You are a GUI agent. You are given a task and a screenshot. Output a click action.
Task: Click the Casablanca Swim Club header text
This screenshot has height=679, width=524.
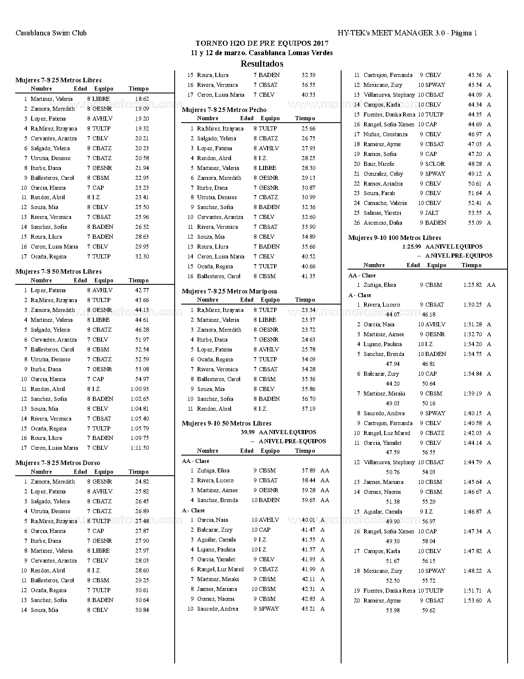click(x=51, y=33)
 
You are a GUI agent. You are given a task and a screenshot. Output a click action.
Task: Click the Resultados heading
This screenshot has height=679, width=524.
click(x=262, y=64)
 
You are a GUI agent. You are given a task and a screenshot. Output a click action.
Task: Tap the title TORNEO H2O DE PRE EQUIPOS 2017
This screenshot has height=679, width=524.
click(x=262, y=43)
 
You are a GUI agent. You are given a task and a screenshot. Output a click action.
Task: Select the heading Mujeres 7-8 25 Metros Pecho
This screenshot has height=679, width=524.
click(x=224, y=110)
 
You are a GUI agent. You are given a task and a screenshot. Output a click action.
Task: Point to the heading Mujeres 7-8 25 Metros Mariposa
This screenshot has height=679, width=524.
click(x=229, y=291)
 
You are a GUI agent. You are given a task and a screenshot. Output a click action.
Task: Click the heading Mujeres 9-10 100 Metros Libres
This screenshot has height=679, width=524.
click(x=395, y=238)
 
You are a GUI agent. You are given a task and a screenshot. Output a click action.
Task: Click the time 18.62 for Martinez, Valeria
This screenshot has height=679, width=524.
click(x=142, y=99)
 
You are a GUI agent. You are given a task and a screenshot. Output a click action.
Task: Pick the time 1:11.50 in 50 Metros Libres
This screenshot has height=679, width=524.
click(x=140, y=448)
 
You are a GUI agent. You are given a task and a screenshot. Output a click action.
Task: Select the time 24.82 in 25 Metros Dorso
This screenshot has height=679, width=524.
click(x=142, y=481)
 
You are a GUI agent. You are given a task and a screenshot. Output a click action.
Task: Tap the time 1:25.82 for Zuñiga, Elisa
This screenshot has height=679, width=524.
click(x=472, y=285)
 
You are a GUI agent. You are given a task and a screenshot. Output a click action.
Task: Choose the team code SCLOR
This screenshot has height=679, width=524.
click(x=435, y=164)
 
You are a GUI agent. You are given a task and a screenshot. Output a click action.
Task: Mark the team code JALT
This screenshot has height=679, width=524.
click(x=432, y=213)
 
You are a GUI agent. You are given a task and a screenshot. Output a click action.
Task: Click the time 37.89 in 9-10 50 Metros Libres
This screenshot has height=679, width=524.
click(x=308, y=471)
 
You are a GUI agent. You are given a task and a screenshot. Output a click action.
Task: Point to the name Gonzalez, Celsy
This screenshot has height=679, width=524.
click(x=383, y=174)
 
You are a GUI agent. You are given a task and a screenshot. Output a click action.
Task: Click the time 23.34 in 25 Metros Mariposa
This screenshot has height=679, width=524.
click(x=308, y=310)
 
